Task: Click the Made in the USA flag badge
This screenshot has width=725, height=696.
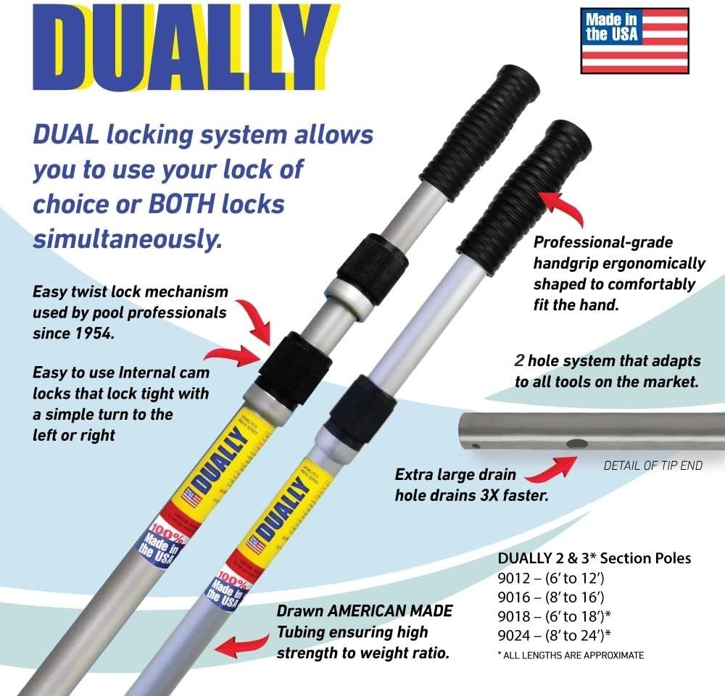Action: pos(634,41)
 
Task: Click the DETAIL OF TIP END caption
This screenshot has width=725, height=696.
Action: pos(652,465)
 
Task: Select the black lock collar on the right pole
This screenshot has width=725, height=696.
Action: pos(363,409)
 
